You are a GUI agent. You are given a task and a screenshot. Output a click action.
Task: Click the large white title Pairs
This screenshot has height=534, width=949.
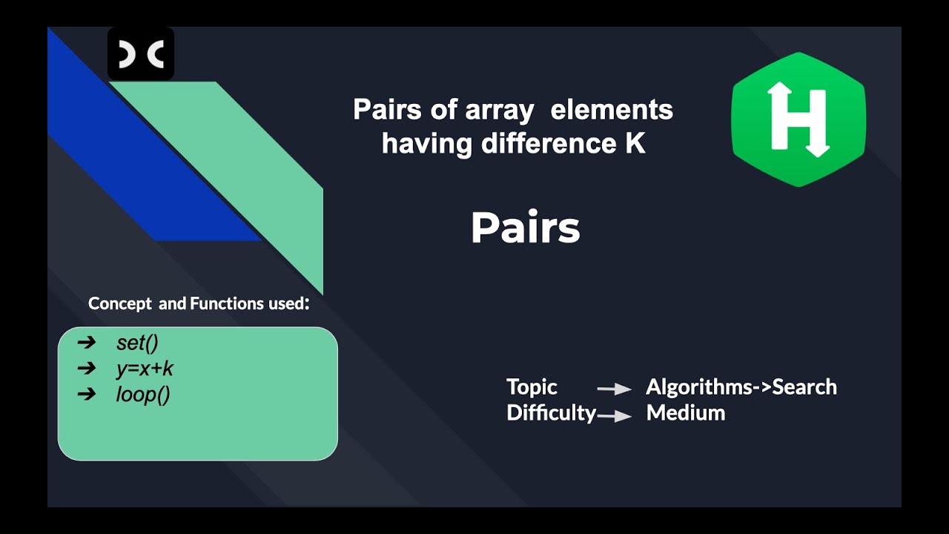click(x=525, y=228)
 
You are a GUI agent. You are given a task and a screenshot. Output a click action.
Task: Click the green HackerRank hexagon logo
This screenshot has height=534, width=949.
click(x=798, y=119)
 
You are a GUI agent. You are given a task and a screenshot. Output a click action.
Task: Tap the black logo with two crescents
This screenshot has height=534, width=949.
click(x=141, y=54)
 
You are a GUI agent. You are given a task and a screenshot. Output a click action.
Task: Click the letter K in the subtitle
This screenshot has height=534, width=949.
click(x=634, y=143)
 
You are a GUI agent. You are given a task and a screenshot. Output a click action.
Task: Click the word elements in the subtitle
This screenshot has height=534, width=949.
click(x=612, y=110)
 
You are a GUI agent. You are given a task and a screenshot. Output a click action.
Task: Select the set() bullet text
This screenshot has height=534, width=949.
click(x=137, y=343)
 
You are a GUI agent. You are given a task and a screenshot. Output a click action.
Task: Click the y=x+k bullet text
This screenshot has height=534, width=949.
click(x=145, y=369)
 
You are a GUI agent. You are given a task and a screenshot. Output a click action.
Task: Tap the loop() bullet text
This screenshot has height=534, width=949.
click(x=143, y=395)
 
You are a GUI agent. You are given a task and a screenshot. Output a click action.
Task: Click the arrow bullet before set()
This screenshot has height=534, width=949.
click(x=87, y=343)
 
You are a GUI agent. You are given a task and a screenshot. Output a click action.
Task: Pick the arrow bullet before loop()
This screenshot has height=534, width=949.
click(x=87, y=395)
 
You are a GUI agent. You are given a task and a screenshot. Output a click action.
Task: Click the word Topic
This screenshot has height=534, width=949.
click(x=532, y=387)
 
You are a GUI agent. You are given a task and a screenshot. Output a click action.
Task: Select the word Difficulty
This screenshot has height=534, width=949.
click(x=551, y=413)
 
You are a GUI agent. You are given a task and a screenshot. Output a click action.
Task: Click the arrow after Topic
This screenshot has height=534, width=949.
click(x=614, y=389)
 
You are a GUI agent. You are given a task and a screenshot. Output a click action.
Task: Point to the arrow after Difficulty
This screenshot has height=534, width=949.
click(x=614, y=416)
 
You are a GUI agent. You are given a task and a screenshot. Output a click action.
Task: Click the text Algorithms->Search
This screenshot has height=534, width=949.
click(x=741, y=387)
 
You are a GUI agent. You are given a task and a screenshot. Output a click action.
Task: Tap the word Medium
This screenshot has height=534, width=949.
click(x=686, y=413)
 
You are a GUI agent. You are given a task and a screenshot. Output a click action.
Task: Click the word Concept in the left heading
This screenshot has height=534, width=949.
click(x=119, y=303)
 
